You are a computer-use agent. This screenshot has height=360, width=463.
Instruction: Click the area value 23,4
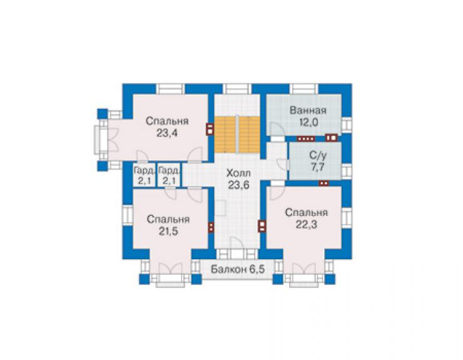(x=167, y=133)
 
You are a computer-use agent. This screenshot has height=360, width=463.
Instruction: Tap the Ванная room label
(x=308, y=110)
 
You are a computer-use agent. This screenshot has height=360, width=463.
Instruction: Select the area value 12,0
(x=308, y=122)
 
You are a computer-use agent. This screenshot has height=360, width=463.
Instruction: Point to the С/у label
(x=317, y=155)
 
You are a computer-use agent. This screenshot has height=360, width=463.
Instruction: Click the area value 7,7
(x=317, y=167)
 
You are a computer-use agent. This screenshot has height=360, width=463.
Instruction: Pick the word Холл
(x=238, y=173)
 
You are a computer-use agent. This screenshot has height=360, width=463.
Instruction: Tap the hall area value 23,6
(x=238, y=185)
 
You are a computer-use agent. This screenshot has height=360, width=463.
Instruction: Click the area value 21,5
(x=168, y=231)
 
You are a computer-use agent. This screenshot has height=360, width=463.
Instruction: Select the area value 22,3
(x=307, y=225)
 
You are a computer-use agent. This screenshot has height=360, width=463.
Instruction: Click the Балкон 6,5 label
(x=238, y=270)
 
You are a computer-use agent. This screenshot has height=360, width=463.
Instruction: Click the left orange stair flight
(x=225, y=135)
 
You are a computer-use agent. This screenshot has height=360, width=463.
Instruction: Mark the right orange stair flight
(x=249, y=135)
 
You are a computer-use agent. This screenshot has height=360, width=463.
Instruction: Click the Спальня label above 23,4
(x=167, y=121)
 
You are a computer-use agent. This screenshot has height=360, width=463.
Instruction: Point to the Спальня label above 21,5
(x=168, y=219)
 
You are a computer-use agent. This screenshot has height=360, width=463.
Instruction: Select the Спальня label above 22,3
(x=307, y=212)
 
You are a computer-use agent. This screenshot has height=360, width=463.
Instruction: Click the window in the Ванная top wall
(x=304, y=89)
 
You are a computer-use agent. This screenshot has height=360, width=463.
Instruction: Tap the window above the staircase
(x=237, y=89)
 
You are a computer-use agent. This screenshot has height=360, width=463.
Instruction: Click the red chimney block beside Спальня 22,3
(x=262, y=226)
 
